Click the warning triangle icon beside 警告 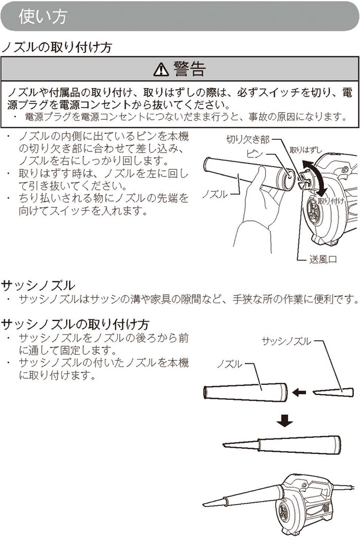pos(160,69)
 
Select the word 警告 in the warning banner pos(190,69)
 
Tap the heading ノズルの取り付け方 pos(57,47)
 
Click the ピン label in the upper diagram pos(255,153)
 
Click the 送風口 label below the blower pos(322,259)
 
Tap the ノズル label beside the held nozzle pos(214,194)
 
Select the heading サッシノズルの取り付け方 pos(75,324)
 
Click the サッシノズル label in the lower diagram pos(286,341)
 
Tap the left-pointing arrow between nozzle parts pos(299,393)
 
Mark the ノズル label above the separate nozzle pos(229,364)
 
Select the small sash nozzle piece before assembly pos(333,393)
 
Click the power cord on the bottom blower pos(345,486)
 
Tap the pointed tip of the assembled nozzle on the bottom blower pos(204,505)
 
